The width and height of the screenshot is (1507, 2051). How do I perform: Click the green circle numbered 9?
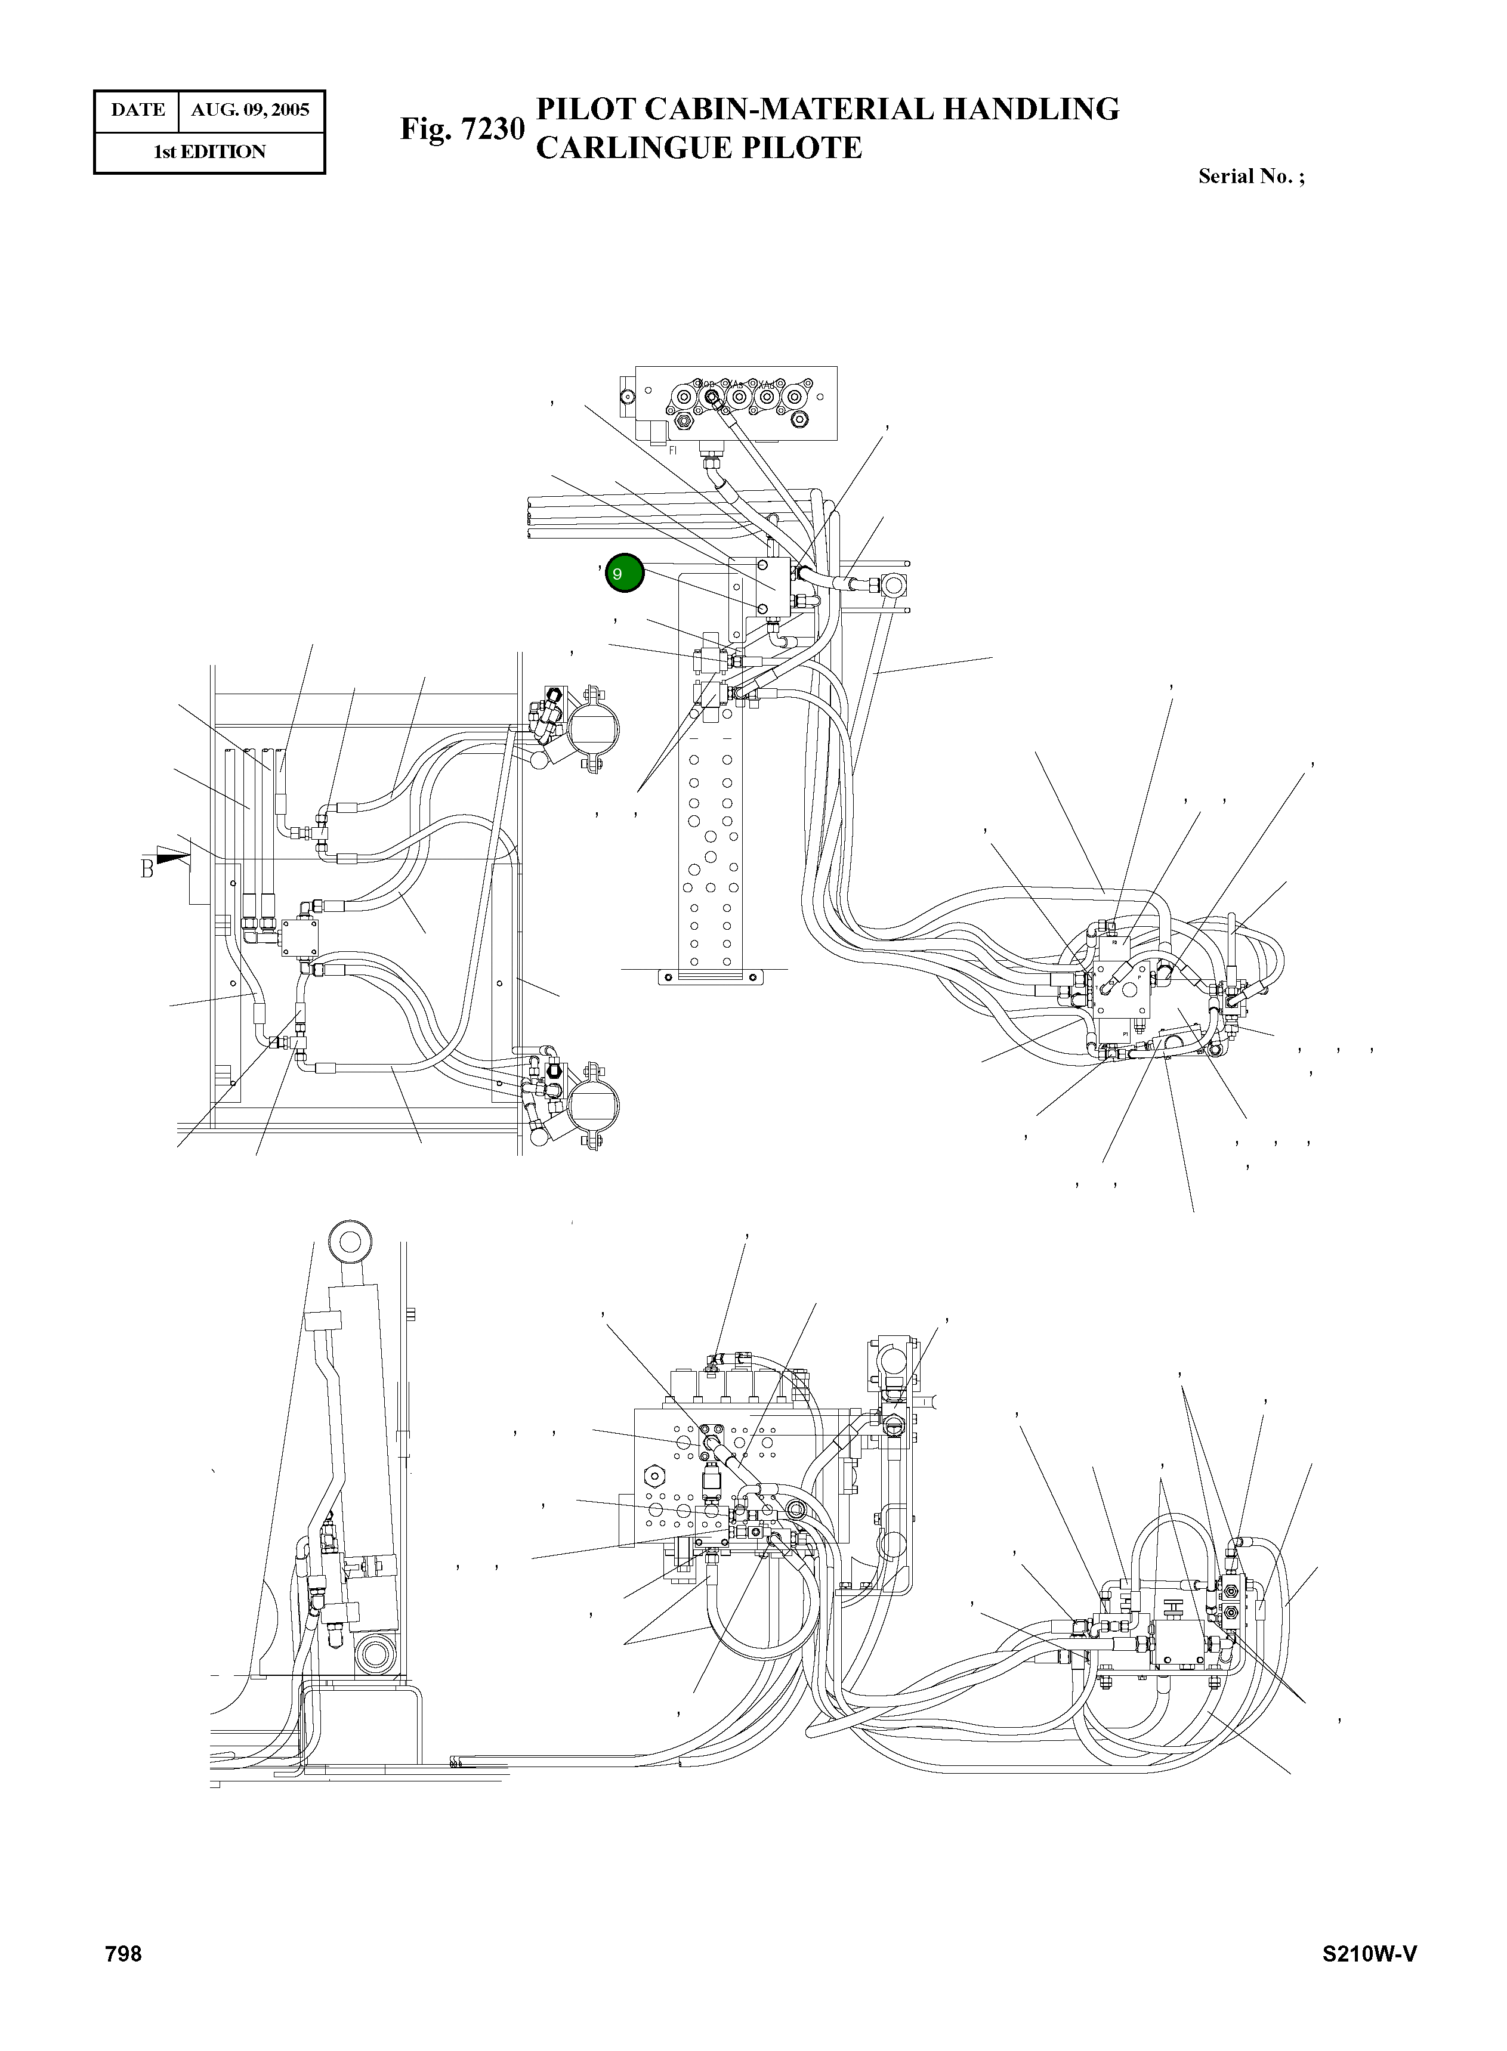point(625,574)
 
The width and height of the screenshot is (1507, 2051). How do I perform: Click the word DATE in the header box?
point(138,110)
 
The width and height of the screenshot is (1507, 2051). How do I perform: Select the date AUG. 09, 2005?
point(250,110)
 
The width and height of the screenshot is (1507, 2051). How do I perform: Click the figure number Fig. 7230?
point(462,129)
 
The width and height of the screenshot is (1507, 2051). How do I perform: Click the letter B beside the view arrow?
point(147,869)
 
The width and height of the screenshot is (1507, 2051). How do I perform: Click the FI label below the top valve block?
point(673,450)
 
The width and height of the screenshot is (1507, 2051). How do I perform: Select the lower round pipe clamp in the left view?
point(593,1102)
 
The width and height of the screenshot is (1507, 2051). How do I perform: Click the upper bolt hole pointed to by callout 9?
point(762,567)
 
